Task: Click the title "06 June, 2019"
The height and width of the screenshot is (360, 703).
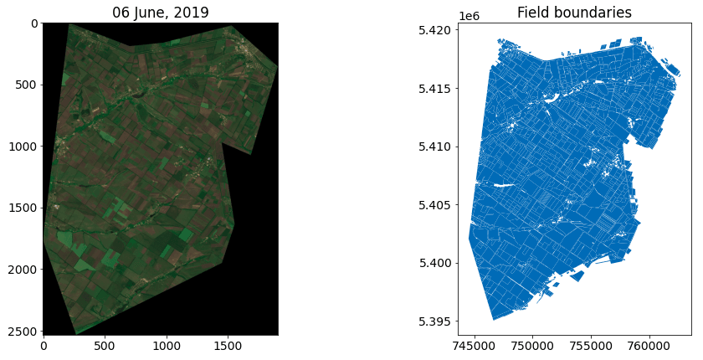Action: (161, 12)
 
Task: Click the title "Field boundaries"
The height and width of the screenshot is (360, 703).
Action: (574, 12)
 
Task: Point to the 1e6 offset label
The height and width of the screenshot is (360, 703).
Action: (469, 16)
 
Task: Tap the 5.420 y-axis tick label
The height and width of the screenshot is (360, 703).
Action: (436, 30)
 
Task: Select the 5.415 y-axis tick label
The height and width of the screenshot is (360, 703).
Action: (436, 89)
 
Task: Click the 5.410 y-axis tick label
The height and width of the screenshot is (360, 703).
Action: (436, 147)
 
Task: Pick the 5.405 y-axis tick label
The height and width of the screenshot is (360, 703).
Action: (436, 205)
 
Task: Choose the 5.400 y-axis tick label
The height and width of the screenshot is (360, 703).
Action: (436, 263)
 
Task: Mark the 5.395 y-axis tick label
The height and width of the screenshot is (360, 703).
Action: (436, 321)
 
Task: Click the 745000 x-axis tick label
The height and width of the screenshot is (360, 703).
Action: (475, 343)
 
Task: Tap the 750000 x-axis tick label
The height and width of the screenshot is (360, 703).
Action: (533, 343)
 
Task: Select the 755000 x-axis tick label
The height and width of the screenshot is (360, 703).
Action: (592, 343)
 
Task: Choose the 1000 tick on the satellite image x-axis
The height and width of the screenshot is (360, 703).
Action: (167, 343)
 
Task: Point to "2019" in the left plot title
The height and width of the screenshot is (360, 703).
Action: (192, 12)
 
